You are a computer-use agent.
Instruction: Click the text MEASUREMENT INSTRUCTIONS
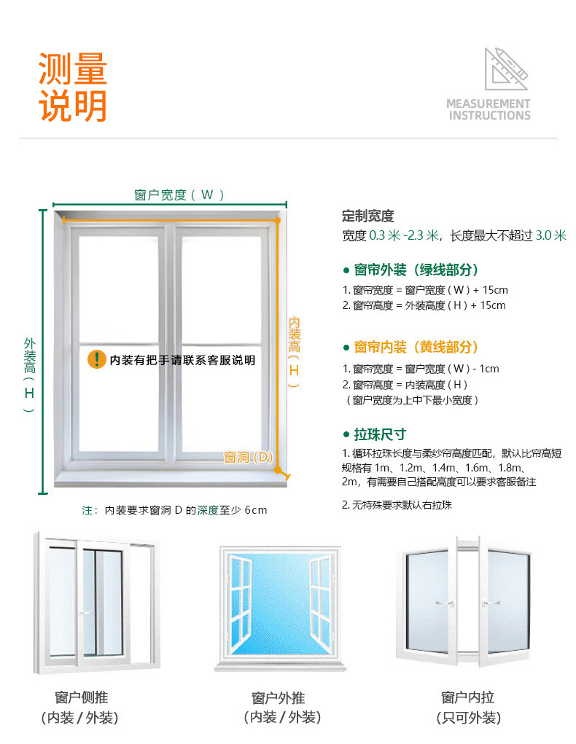click(489, 109)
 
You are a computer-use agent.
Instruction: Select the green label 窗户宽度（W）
click(179, 195)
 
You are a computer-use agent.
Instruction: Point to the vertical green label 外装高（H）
click(29, 375)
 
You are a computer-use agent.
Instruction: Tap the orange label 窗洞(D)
click(249, 457)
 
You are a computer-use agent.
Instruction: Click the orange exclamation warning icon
click(96, 359)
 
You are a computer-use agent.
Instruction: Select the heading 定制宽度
click(368, 216)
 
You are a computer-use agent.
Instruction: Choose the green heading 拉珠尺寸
click(379, 434)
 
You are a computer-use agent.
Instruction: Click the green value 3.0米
click(551, 235)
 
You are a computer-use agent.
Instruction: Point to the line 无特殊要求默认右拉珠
click(397, 504)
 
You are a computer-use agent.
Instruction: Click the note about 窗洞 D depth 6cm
click(174, 510)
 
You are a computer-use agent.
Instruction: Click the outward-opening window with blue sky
click(279, 607)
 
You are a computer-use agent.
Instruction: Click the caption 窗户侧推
click(81, 697)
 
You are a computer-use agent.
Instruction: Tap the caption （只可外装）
click(468, 718)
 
